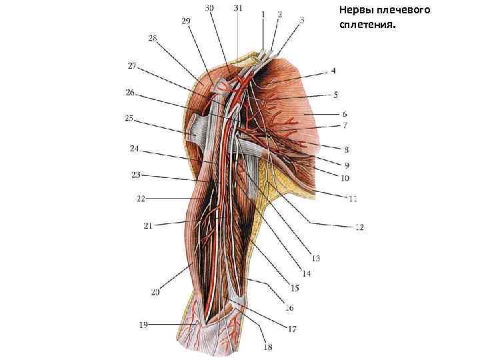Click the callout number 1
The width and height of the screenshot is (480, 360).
pos(263,13)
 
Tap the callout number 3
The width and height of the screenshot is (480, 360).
pos(301,20)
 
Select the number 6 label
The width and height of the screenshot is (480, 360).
pos(344,114)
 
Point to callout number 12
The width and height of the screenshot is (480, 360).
pos(359,227)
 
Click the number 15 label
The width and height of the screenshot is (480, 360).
pos(294,289)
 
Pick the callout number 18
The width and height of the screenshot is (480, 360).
pos(268,347)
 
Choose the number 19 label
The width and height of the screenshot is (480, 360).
pos(143,325)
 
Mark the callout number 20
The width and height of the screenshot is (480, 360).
pos(155,291)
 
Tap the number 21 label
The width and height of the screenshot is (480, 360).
pos(147,226)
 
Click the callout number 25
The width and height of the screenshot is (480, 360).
pos(129,119)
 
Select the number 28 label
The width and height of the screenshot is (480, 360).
pos(153,39)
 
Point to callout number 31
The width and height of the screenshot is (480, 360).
pos(238,7)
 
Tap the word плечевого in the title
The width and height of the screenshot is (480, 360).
pos(407,11)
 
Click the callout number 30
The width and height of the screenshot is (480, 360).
pos(210,7)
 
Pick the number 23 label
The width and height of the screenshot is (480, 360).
pos(135,175)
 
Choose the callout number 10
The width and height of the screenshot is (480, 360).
pos(345,178)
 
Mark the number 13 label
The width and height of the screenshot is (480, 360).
pos(315,258)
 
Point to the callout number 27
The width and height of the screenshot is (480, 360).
pos(132,65)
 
